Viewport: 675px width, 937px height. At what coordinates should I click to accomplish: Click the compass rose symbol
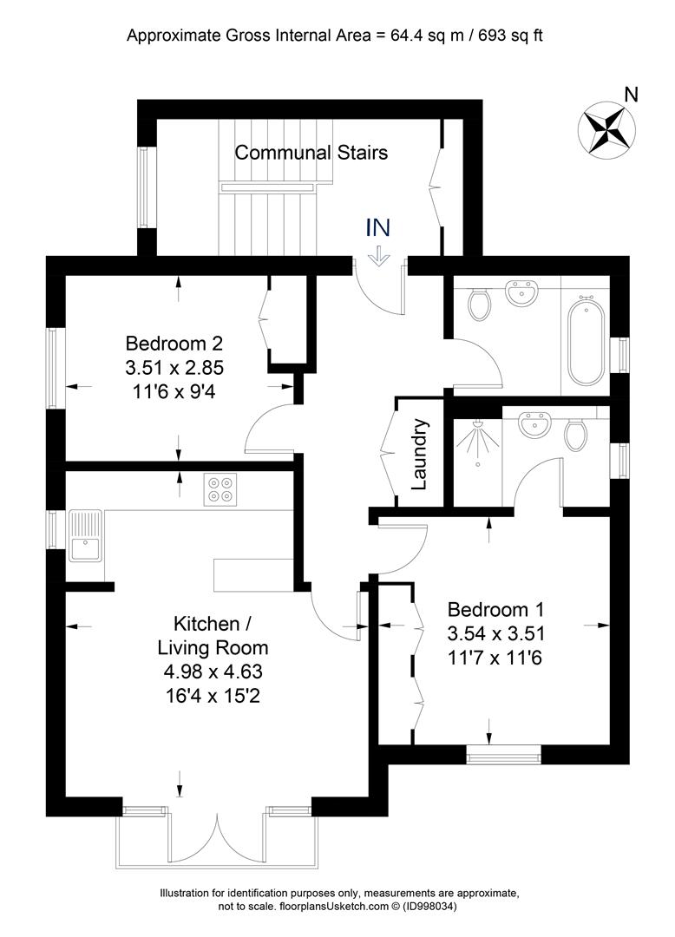(x=606, y=129)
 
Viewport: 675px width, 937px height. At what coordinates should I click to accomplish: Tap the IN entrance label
(x=377, y=227)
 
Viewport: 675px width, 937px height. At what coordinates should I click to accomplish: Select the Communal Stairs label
(x=311, y=153)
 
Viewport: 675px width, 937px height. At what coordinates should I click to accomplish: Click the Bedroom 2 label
(x=174, y=343)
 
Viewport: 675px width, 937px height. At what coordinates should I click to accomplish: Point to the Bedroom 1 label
(x=495, y=610)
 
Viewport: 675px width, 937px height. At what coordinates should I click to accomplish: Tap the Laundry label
(x=419, y=454)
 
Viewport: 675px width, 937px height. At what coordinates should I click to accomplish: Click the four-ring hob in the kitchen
(x=220, y=489)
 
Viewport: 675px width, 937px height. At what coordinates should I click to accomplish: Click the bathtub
(x=586, y=343)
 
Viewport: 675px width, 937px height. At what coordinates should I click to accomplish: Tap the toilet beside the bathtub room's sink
(x=479, y=304)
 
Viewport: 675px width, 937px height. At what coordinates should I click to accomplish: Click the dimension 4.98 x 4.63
(x=213, y=672)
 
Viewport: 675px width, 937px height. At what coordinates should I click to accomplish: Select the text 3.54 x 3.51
(x=495, y=633)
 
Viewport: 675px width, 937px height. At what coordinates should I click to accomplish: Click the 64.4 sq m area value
(x=427, y=36)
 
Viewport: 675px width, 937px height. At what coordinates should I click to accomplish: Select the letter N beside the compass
(x=631, y=95)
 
